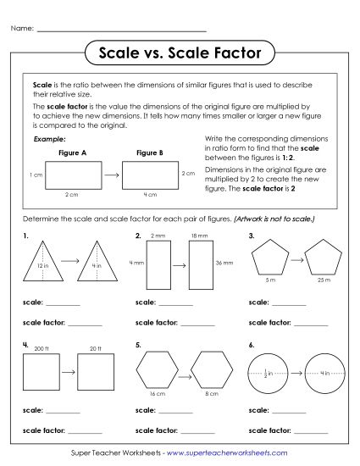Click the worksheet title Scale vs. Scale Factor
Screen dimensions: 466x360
point(180,53)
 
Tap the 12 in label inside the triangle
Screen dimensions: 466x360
point(43,267)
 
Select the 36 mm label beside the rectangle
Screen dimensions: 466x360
point(224,264)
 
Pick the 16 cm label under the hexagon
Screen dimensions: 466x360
point(158,395)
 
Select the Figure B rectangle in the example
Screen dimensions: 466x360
point(150,175)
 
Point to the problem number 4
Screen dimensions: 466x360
point(26,345)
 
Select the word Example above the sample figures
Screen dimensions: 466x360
point(47,138)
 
